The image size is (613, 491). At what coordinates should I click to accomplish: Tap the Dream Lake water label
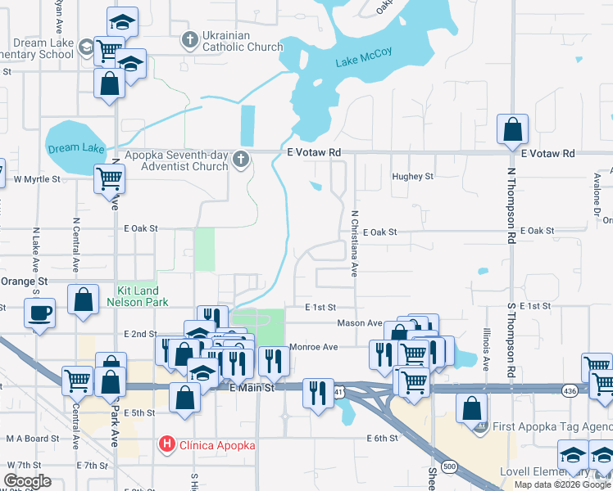[76, 148]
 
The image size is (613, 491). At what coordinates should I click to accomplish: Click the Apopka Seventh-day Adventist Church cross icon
[241, 159]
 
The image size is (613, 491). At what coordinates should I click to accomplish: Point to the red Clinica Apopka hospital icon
[167, 445]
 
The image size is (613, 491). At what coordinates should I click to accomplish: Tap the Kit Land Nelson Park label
[138, 296]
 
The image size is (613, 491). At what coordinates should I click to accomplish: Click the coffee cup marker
[39, 312]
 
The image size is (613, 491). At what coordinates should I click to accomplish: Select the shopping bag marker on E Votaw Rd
[512, 129]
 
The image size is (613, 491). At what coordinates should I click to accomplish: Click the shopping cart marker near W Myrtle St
[109, 177]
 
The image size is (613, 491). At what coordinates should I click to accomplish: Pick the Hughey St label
[412, 177]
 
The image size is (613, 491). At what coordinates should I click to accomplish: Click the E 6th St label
[382, 439]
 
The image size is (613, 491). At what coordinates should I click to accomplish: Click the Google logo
[28, 481]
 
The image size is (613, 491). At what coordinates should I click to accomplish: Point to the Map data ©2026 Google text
[561, 484]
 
